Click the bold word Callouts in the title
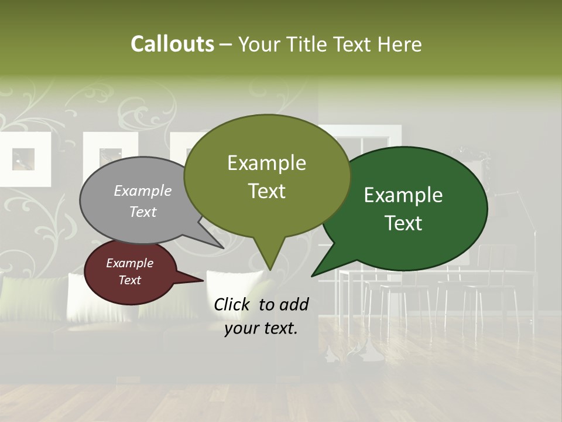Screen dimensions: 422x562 (x=172, y=44)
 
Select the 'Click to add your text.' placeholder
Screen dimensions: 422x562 (x=261, y=316)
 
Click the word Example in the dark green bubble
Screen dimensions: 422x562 (x=403, y=195)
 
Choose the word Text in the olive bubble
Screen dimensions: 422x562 (x=267, y=191)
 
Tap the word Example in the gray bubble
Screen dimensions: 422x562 (x=143, y=190)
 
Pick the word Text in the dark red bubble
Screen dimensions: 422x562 (x=130, y=280)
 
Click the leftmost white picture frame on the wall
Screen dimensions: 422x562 (x=23, y=158)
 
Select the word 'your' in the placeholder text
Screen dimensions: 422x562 (x=242, y=328)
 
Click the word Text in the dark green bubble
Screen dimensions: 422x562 (x=404, y=223)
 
